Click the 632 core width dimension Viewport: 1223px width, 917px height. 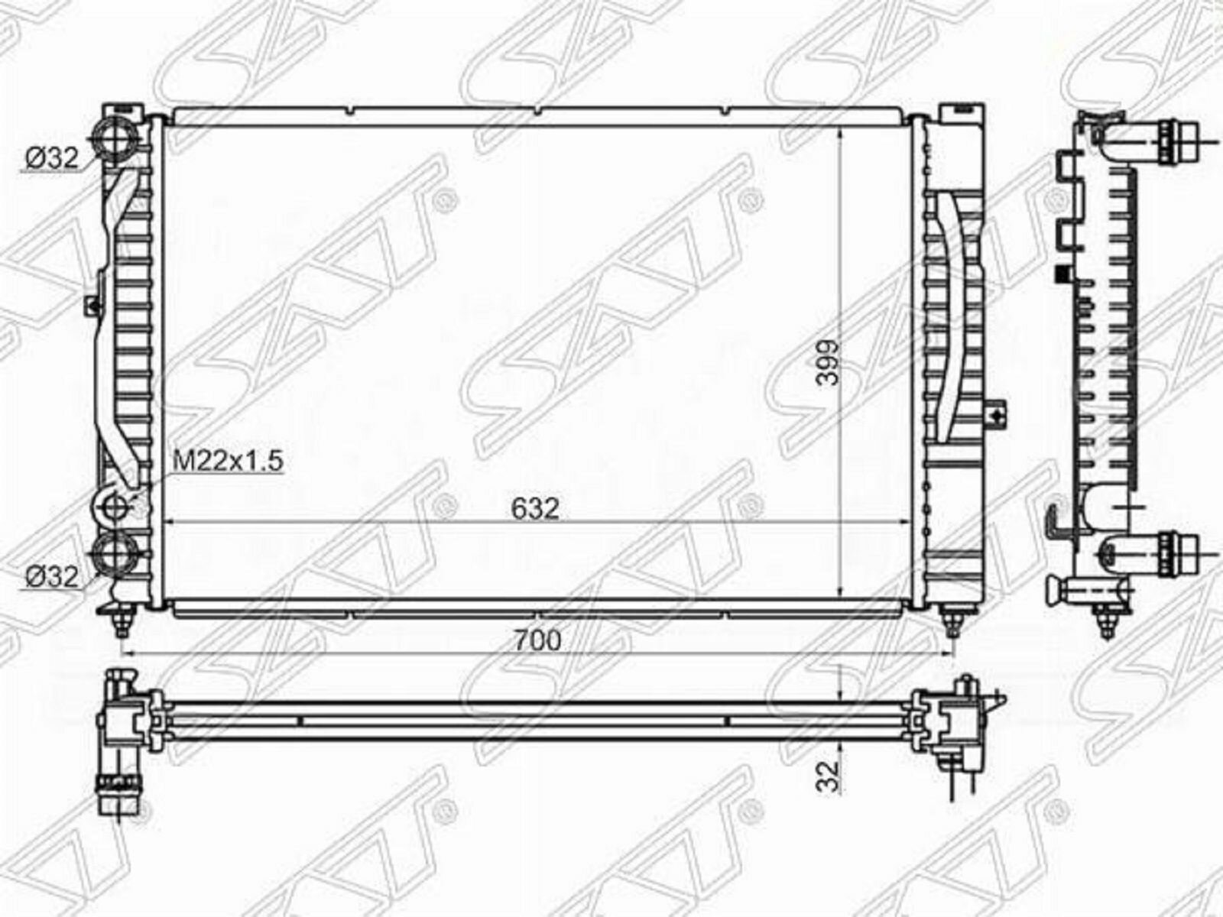(534, 509)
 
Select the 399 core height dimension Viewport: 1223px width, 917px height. (827, 362)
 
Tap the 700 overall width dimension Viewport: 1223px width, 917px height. (537, 641)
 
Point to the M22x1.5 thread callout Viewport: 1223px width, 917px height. (229, 461)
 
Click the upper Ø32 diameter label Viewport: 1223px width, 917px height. (52, 159)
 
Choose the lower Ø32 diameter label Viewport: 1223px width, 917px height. (52, 578)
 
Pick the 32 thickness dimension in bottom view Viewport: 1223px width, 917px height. (827, 776)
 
